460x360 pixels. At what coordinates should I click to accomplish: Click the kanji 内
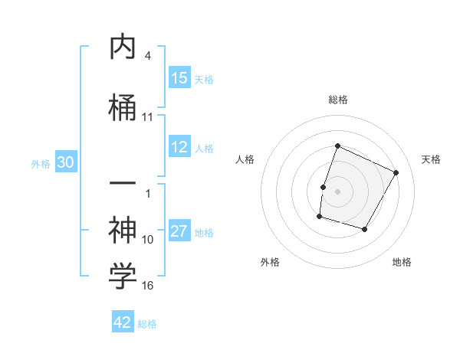coord(123,47)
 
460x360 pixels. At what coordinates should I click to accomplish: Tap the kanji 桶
coord(123,105)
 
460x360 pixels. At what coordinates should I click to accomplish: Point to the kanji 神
coord(123,227)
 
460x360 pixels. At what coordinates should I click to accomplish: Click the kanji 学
coord(123,277)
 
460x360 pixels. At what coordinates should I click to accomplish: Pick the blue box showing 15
coord(179,78)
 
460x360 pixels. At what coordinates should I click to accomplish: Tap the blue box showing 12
coord(179,147)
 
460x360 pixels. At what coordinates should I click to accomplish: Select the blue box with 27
coord(179,231)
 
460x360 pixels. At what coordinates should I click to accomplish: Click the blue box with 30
coord(65,162)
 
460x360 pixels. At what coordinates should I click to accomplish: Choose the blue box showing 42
coord(123,322)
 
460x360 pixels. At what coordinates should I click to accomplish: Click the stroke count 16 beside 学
coord(148,286)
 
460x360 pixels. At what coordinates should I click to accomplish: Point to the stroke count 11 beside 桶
coord(148,117)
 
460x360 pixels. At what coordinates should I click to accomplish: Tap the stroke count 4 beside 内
coord(148,56)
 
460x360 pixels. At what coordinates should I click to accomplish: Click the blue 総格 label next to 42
coord(147,324)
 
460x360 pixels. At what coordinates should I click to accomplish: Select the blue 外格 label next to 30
coord(41,164)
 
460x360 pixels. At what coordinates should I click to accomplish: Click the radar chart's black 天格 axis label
coord(431,159)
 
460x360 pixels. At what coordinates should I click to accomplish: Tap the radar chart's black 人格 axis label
coord(245,159)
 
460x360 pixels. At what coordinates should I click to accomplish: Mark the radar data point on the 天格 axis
coord(396,172)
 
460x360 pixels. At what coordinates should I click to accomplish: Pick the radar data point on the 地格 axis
coord(364,229)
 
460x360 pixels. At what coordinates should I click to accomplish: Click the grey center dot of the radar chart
coord(337,191)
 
